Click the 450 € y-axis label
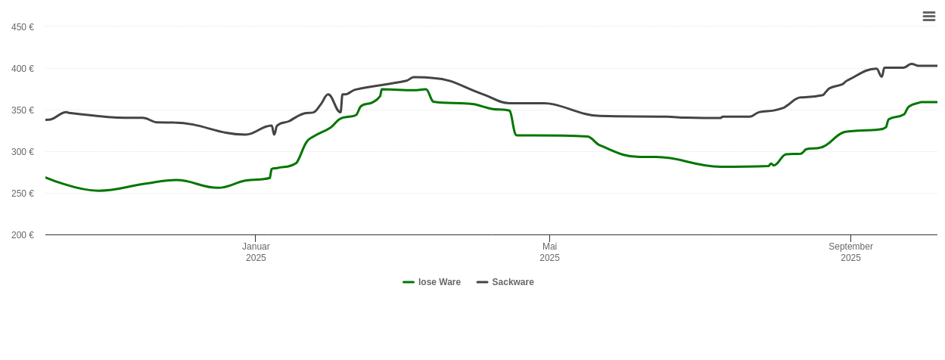pyautogui.click(x=23, y=27)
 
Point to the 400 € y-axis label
pyautogui.click(x=23, y=69)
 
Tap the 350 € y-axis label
pyautogui.click(x=23, y=110)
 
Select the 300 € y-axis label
pyautogui.click(x=23, y=152)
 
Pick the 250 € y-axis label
pyautogui.click(x=23, y=194)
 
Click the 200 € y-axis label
pyautogui.click(x=23, y=235)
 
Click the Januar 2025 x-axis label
pyautogui.click(x=256, y=252)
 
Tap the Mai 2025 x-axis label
pyautogui.click(x=549, y=252)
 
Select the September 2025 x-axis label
pyautogui.click(x=850, y=252)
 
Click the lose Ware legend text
pyautogui.click(x=439, y=282)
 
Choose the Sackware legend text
pyautogui.click(x=512, y=282)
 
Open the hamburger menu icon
pyautogui.click(x=929, y=17)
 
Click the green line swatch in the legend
pyautogui.click(x=409, y=282)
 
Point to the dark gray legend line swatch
pyautogui.click(x=482, y=282)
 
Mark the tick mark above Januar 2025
pyautogui.click(x=255, y=238)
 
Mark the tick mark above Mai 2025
pyautogui.click(x=549, y=238)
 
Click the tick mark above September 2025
pyautogui.click(x=850, y=238)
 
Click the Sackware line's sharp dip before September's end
pyautogui.click(x=881, y=76)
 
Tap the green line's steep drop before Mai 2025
pyautogui.click(x=513, y=124)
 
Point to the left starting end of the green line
pyautogui.click(x=46, y=178)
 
